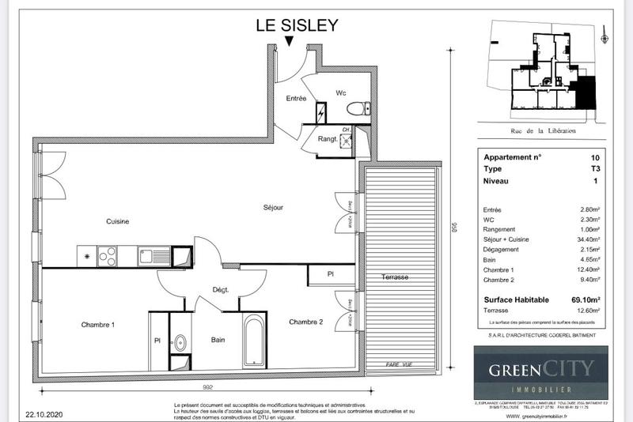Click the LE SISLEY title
[x=297, y=24]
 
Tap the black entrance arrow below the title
[x=290, y=41]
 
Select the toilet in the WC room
[x=359, y=108]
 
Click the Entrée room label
[x=297, y=98]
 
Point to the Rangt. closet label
[x=328, y=139]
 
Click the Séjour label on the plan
[x=273, y=208]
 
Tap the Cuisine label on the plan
[x=117, y=221]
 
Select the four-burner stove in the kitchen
[x=107, y=255]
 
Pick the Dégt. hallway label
[x=219, y=290]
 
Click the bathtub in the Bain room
[x=254, y=341]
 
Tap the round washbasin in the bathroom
[x=180, y=343]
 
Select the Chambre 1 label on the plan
[x=98, y=325]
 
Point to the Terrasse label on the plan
[x=394, y=277]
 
